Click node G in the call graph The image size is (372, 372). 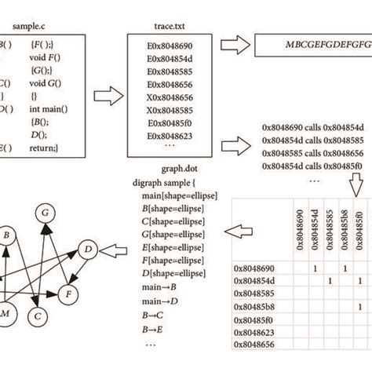point(46,213)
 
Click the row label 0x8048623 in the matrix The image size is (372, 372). point(255,331)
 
